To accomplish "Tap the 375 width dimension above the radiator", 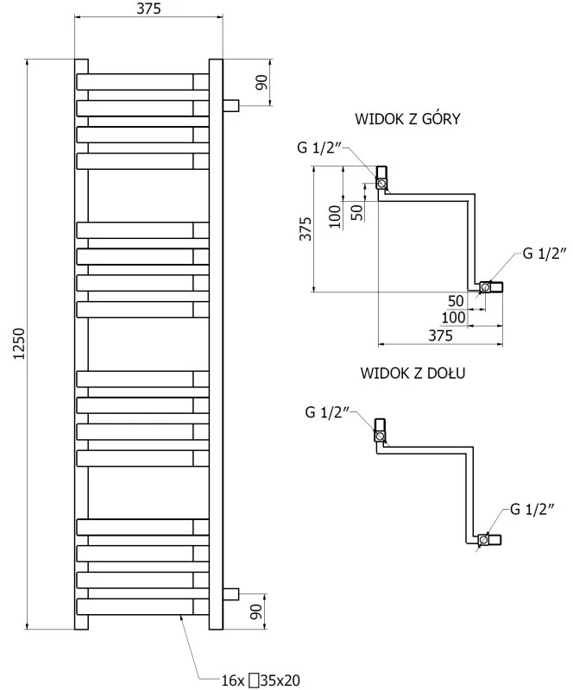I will pyautogui.click(x=148, y=9).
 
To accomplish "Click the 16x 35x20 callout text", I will pyautogui.click(x=260, y=681).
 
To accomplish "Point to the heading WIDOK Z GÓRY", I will pyautogui.click(x=406, y=119).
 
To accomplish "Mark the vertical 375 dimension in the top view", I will pyautogui.click(x=305, y=229).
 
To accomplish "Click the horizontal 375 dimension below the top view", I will pyautogui.click(x=439, y=336).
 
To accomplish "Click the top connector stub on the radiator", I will pyautogui.click(x=230, y=105).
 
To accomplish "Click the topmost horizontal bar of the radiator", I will pyautogui.click(x=143, y=81).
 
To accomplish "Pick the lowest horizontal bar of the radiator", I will pyautogui.click(x=143, y=605).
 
